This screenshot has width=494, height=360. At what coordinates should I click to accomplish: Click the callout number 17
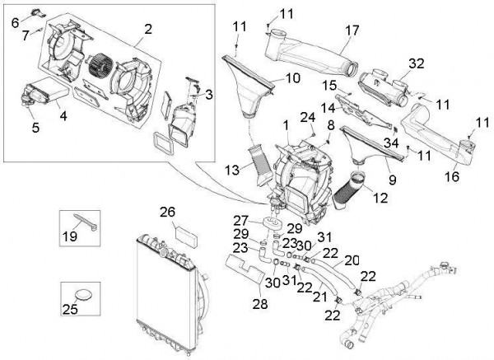coord(352,31)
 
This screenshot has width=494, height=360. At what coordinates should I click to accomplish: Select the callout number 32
coord(416,63)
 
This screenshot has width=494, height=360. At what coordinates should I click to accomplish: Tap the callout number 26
coord(167,212)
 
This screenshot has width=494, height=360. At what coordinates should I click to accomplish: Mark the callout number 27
coord(240,220)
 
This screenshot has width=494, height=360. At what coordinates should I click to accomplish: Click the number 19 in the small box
coord(82,236)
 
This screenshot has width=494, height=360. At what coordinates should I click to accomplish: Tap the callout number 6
coord(15,22)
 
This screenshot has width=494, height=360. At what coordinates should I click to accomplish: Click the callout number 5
coord(35,127)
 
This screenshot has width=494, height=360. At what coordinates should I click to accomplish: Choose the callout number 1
coord(286,126)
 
